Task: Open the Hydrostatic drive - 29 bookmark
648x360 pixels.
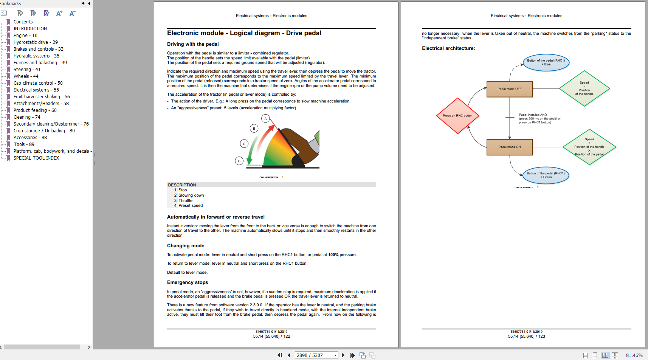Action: click(x=36, y=42)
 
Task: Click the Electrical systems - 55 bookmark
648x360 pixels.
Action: click(x=36, y=90)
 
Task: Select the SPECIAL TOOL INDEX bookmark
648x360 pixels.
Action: click(x=36, y=158)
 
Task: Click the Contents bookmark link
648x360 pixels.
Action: click(x=23, y=22)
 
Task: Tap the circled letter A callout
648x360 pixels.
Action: click(x=265, y=119)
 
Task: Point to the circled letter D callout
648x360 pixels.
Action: click(x=239, y=161)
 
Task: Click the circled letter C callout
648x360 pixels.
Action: click(x=244, y=144)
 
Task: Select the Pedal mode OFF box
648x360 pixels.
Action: click(x=509, y=89)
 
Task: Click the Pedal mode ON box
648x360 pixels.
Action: click(x=509, y=147)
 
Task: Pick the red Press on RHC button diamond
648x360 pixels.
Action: click(x=457, y=116)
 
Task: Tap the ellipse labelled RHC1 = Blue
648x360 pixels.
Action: click(x=546, y=62)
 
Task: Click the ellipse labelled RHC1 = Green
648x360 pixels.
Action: click(x=546, y=175)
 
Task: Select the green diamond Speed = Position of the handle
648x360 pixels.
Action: click(x=584, y=88)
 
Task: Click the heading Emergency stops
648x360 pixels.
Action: click(x=188, y=282)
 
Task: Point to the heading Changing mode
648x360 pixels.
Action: click(x=186, y=246)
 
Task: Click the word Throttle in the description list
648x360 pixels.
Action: click(x=185, y=201)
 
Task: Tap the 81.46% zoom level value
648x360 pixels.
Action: click(x=634, y=355)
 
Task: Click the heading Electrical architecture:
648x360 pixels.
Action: click(x=448, y=48)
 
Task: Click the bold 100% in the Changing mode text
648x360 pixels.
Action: click(x=333, y=255)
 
